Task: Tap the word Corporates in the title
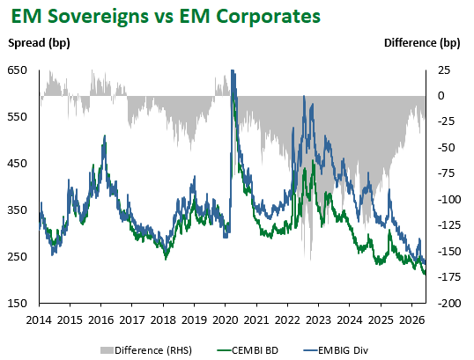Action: click(269, 17)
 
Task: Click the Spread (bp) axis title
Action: click(39, 43)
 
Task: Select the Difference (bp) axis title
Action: click(422, 43)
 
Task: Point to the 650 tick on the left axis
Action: click(18, 70)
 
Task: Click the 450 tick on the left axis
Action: click(18, 164)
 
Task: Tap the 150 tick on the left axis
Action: click(18, 303)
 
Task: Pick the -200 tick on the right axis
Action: click(449, 303)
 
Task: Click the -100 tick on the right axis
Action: click(449, 199)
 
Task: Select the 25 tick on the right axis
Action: click(444, 70)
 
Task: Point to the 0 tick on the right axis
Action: click(441, 96)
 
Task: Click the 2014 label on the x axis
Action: click(39, 320)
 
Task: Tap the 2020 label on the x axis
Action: click(225, 320)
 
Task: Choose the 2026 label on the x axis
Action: click(411, 320)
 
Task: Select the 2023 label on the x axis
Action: click(318, 320)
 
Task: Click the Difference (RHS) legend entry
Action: click(146, 350)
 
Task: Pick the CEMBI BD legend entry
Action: click(248, 350)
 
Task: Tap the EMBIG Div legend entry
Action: click(336, 350)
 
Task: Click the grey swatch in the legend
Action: click(107, 350)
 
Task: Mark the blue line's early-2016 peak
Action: click(105, 136)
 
